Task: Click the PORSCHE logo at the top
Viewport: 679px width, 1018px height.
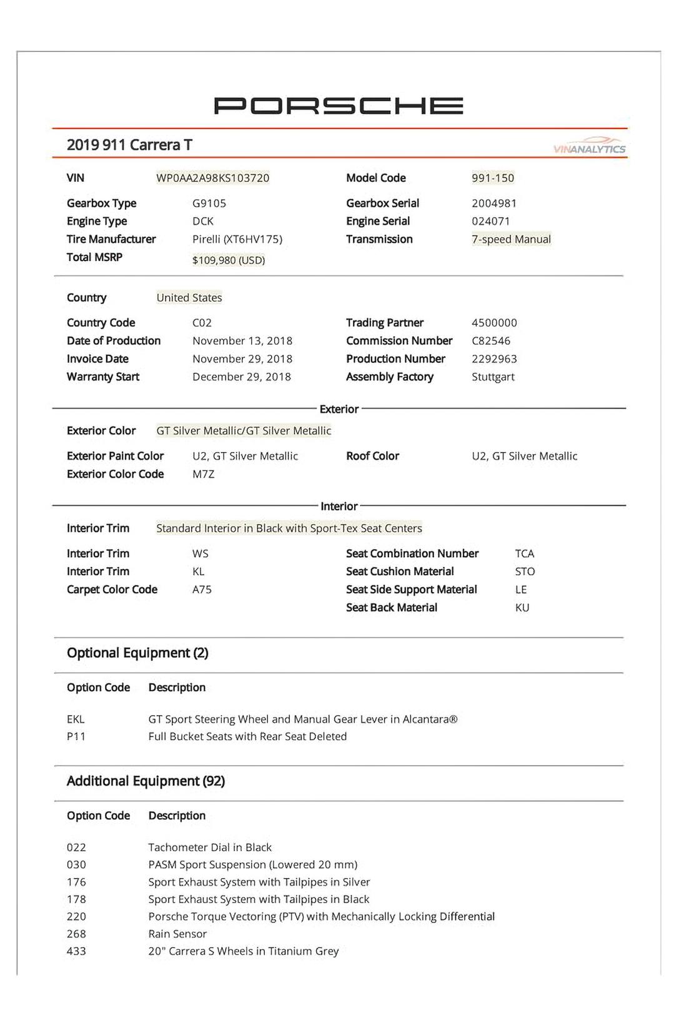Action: coord(339,106)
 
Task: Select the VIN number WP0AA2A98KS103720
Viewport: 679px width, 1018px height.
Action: coord(212,178)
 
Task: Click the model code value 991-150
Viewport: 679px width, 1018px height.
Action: coord(493,178)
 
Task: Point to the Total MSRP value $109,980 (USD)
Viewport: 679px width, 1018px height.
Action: coord(229,260)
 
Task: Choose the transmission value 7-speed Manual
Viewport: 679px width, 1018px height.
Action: coord(511,239)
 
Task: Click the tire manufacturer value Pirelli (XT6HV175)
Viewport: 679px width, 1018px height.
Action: coord(237,239)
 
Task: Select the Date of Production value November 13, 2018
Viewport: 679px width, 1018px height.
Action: coord(242,341)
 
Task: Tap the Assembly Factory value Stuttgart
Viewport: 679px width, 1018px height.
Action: coord(493,377)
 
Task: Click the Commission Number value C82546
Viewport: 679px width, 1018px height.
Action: coord(491,341)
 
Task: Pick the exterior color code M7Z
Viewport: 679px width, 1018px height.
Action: coord(203,475)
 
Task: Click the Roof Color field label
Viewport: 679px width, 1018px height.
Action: coord(372,457)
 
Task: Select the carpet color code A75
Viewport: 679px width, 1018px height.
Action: coord(202,590)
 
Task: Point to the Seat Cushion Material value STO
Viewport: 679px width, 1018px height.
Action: coord(525,571)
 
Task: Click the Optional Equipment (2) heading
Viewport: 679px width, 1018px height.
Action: coord(137,653)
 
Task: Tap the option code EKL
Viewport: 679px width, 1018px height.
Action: coord(76,719)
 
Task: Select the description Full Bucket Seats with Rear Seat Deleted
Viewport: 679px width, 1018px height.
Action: coord(247,737)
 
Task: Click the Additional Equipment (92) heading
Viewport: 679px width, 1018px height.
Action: coord(146,781)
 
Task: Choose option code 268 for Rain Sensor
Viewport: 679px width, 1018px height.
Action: coord(76,934)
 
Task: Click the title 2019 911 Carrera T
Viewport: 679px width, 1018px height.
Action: coord(129,145)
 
